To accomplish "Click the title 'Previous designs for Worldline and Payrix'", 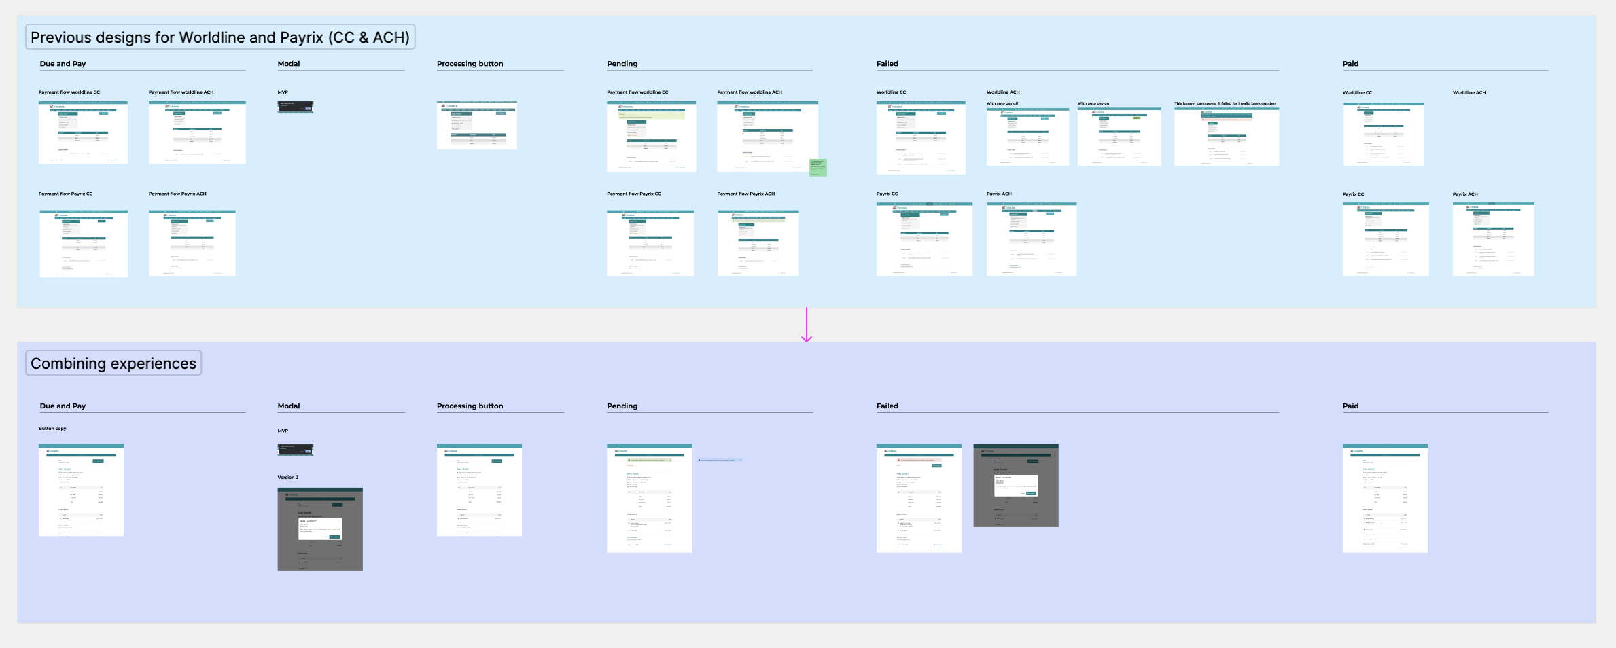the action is [219, 37].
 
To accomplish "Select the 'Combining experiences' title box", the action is [113, 363].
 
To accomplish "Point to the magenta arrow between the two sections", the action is [807, 325].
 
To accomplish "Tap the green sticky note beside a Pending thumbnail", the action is [818, 168].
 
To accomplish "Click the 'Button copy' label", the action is [52, 429].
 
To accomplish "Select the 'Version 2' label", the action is [288, 478].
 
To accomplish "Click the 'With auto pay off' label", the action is [1002, 104].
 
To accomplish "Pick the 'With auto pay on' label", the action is [1093, 104].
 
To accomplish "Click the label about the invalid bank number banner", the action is [1225, 104].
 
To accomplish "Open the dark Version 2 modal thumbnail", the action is [320, 528].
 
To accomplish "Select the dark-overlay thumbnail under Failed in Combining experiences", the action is [1015, 486].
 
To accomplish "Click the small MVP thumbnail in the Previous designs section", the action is [296, 107].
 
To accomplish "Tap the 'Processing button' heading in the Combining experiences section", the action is [470, 406].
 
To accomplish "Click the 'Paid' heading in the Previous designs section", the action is [1350, 64].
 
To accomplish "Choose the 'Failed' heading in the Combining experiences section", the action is [887, 406].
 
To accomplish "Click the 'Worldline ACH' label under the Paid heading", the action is [1469, 93].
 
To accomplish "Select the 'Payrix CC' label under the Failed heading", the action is [887, 194].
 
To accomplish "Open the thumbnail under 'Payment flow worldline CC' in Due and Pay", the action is [83, 132].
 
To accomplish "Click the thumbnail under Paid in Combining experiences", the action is [1385, 498].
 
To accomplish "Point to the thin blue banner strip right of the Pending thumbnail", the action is [720, 460].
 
